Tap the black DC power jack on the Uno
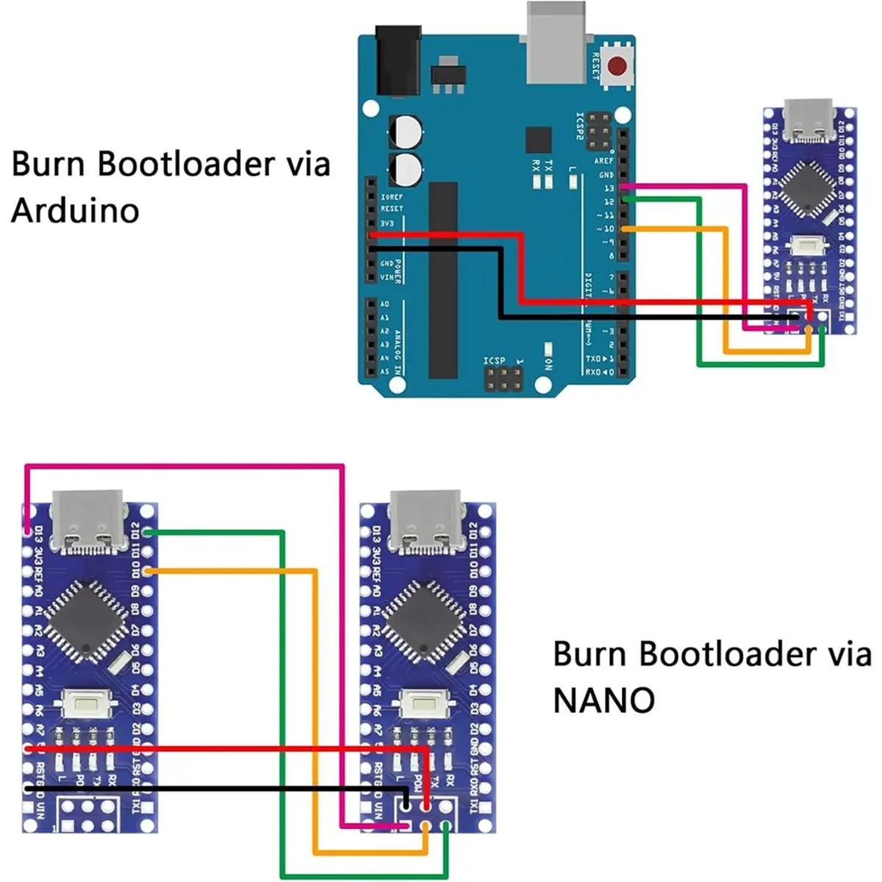click(x=398, y=60)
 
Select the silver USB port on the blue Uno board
click(x=557, y=40)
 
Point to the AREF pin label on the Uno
click(x=603, y=161)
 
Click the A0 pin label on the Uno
click(x=384, y=304)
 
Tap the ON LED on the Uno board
click(x=548, y=346)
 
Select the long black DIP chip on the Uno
click(x=442, y=280)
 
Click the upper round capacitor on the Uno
click(x=406, y=132)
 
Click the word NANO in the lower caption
click(x=603, y=701)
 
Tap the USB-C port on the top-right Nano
click(x=807, y=119)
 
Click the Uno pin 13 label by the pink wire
click(x=608, y=188)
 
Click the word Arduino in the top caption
click(x=75, y=211)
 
